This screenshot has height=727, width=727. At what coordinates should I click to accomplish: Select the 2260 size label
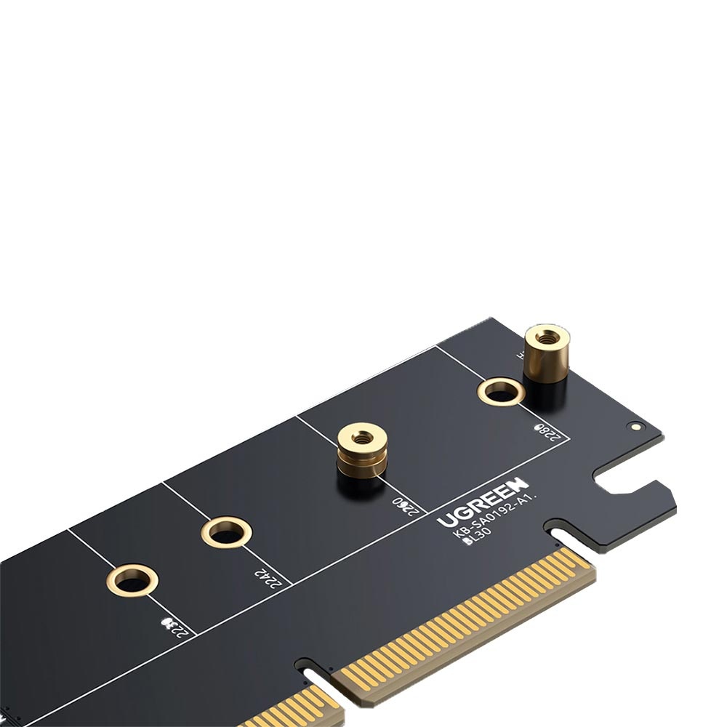click(406, 504)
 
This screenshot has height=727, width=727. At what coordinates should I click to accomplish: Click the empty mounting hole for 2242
click(226, 532)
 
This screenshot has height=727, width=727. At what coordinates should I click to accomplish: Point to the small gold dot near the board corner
click(638, 427)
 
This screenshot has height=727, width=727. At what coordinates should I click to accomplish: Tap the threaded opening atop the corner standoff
click(547, 337)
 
